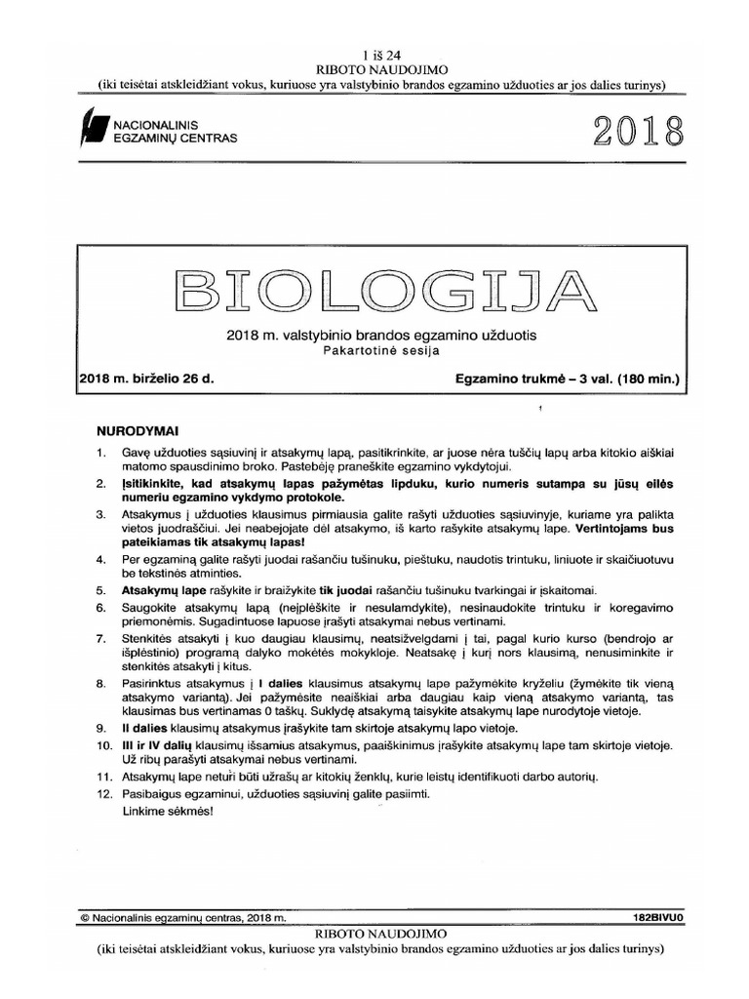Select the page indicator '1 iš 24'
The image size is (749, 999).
tap(374, 55)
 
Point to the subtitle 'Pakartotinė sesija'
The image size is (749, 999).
tap(380, 350)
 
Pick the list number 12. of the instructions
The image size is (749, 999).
tap(104, 794)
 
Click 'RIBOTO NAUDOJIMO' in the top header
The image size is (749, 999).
tap(374, 70)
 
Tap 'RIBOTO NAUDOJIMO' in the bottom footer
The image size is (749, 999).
tap(374, 934)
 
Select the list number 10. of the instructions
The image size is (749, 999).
tap(104, 745)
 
